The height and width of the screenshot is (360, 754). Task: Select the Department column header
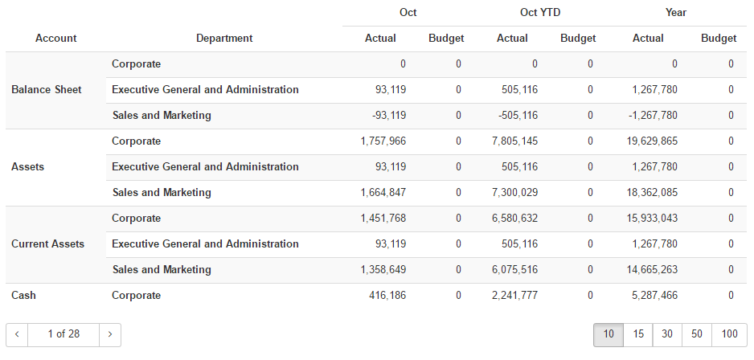pos(224,38)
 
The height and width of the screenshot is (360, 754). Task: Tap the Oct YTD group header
pos(539,13)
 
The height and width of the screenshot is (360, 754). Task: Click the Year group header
pos(676,13)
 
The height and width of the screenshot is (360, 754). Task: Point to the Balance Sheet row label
pos(47,90)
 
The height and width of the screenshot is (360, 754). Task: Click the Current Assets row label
pos(47,244)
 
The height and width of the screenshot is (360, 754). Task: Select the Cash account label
pos(24,296)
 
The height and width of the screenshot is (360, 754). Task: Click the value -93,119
pos(389,116)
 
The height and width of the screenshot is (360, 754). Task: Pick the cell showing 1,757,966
pos(383,141)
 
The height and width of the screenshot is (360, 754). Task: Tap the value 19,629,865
pos(648,141)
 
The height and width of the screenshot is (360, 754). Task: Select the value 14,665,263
pos(648,270)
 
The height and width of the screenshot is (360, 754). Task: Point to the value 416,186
pos(388,296)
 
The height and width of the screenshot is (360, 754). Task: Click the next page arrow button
pos(110,334)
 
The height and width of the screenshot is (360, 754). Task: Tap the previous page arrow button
pos(17,334)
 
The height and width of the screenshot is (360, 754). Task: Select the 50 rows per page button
pos(696,334)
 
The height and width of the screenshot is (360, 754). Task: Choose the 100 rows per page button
pos(729,334)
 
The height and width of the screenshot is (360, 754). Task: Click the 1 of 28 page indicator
pos(64,334)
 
